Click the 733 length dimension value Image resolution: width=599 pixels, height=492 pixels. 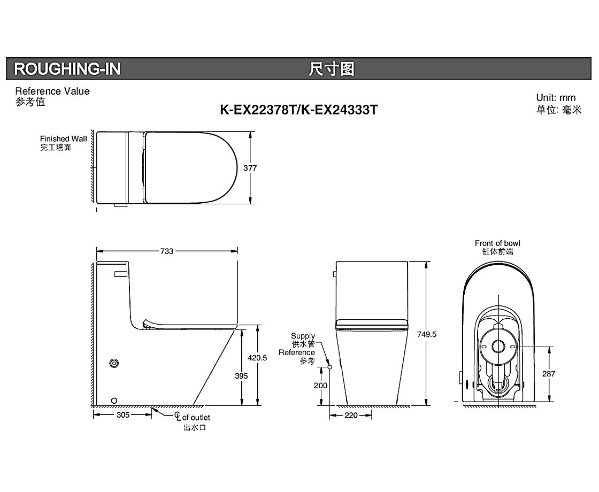(x=166, y=251)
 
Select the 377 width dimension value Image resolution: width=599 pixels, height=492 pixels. (x=250, y=168)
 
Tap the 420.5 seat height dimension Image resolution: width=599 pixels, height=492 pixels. (x=257, y=358)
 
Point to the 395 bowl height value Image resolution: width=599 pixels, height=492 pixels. (x=241, y=376)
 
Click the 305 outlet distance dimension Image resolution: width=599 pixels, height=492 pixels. (x=123, y=415)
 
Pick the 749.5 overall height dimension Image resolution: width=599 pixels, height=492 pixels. (x=427, y=334)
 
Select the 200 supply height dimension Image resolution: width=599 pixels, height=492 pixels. (x=320, y=386)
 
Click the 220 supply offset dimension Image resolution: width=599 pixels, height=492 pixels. (x=351, y=415)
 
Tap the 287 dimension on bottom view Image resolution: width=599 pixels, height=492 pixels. (x=549, y=374)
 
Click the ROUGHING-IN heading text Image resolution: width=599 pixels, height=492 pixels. (x=67, y=69)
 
